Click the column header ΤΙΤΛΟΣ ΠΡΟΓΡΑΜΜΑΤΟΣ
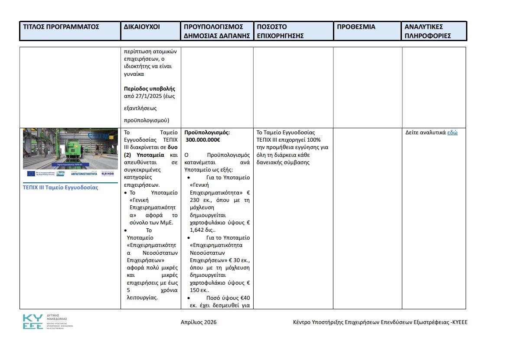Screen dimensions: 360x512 point(61,27)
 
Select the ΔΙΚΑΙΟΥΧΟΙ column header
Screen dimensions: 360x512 point(141,27)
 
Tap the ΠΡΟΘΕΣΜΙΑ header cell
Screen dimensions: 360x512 point(356,27)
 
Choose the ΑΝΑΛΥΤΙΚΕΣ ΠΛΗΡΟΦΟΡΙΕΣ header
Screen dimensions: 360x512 point(428,31)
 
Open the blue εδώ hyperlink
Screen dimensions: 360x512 point(453,133)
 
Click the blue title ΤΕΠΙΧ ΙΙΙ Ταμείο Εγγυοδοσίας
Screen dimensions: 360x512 point(60,188)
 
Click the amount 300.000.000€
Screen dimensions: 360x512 point(203,140)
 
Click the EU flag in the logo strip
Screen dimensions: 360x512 point(31,174)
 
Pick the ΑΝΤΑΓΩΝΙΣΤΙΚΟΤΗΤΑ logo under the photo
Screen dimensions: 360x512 point(84,174)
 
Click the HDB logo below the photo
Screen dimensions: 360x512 point(108,174)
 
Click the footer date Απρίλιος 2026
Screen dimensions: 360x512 point(199,322)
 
